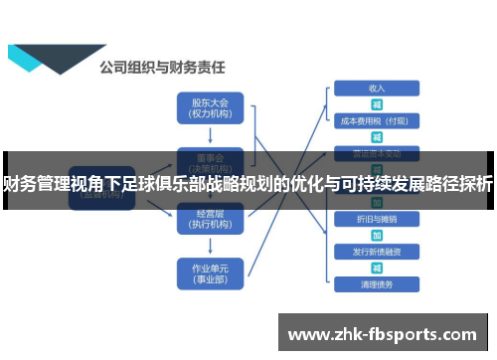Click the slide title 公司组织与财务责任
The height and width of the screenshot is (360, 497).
162,68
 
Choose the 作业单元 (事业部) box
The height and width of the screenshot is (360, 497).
209,271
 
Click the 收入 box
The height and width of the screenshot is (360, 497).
377,88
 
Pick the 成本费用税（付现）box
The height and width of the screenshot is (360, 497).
377,121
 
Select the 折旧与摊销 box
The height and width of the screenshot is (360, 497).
377,218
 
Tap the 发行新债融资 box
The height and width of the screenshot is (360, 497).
377,252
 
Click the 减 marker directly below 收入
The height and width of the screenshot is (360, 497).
377,104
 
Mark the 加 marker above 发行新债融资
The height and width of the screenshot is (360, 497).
377,235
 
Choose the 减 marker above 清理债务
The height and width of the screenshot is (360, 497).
377,269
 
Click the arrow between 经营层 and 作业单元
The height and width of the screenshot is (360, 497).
209,245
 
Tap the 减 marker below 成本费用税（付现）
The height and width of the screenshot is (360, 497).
377,137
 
